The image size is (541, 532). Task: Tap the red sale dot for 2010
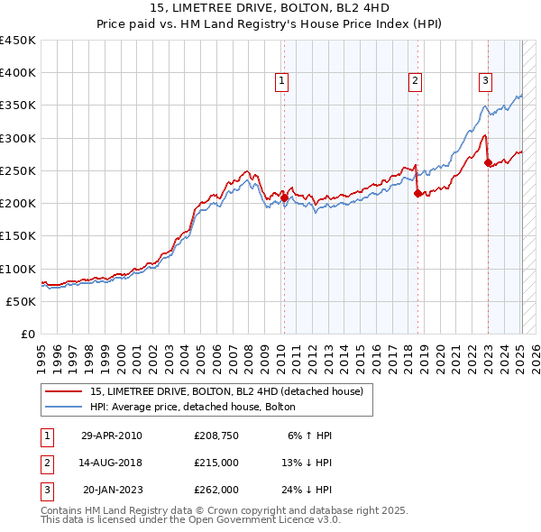coord(284,197)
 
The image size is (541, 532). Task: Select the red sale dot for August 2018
coord(417,193)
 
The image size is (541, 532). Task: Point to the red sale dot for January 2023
coord(488,163)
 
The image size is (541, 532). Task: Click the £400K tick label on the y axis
coord(18,73)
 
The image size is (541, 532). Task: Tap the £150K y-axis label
coord(18,236)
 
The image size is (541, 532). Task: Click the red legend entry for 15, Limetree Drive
coord(226,391)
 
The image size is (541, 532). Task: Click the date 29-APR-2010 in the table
coord(112,436)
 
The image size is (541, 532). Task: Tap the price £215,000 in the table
coord(216,463)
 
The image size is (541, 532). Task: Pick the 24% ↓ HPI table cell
coord(306,490)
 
